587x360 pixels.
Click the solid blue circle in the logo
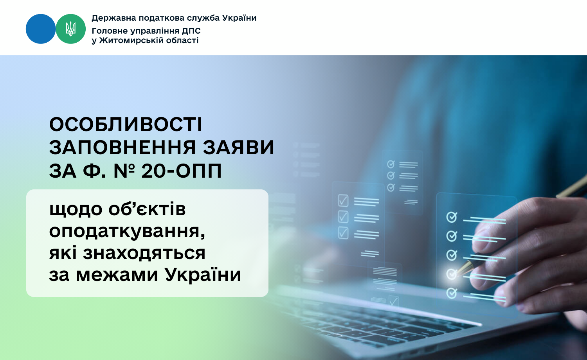click(x=41, y=29)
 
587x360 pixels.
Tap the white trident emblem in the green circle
click(x=70, y=29)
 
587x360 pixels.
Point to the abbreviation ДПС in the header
click(x=191, y=31)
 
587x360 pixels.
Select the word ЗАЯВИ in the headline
click(x=238, y=147)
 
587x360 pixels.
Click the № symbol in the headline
click(x=124, y=171)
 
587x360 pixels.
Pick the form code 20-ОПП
click(x=181, y=171)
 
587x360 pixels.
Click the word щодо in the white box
click(x=76, y=210)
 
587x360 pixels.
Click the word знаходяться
click(x=144, y=254)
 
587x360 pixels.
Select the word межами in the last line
click(x=117, y=275)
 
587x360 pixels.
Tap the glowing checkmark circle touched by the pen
click(x=452, y=274)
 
